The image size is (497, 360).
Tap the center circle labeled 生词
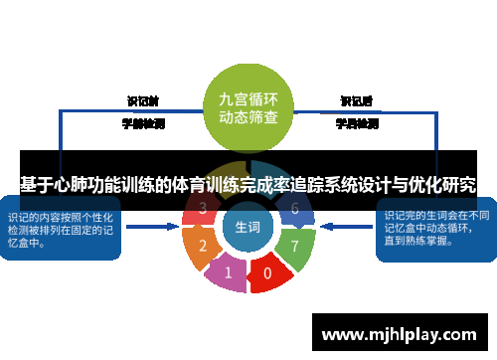tap(248, 228)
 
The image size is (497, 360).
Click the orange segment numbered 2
tap(203, 246)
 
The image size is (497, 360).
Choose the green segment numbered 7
tap(294, 245)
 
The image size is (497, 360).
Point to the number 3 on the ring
tap(203, 209)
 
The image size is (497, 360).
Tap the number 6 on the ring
tap(294, 209)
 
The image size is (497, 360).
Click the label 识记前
tap(142, 100)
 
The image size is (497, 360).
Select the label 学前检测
tap(142, 124)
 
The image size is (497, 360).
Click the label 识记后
tap(356, 100)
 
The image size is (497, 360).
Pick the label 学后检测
tap(356, 124)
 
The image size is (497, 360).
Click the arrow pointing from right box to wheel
tap(351, 228)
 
